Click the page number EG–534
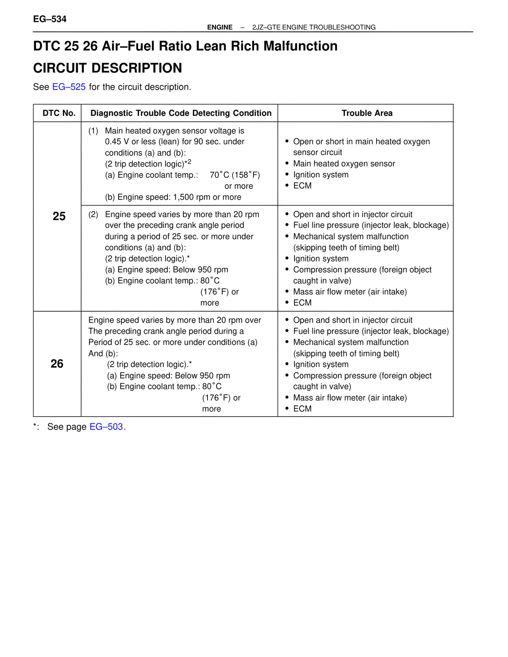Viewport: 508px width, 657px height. pos(50,19)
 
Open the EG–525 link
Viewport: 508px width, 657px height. pos(69,87)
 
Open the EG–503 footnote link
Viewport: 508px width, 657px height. pos(106,427)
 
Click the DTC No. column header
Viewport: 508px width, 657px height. pos(59,113)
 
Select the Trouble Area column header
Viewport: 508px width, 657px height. pos(367,113)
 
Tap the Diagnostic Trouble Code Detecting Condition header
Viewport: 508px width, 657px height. pos(181,113)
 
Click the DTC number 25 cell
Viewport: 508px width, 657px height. pos(59,216)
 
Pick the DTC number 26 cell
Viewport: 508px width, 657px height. pos(57,364)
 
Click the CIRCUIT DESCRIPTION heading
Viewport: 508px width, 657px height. pos(108,68)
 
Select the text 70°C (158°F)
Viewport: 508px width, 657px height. pos(235,175)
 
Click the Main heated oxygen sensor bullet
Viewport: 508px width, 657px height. pos(344,163)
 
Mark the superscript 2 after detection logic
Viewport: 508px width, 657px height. pos(189,161)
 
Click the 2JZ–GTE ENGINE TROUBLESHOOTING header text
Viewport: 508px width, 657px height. pos(314,27)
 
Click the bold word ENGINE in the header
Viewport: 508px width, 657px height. pos(219,27)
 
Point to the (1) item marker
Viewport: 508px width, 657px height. pos(93,131)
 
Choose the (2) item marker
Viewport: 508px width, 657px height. pos(93,215)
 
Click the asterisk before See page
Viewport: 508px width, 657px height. pos(35,426)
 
